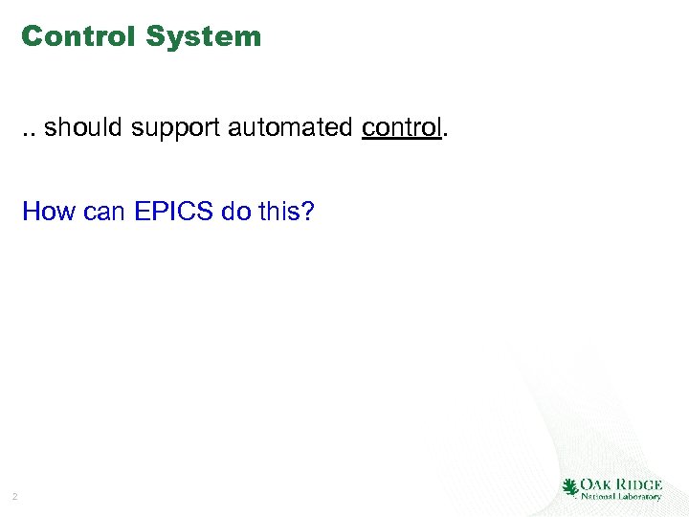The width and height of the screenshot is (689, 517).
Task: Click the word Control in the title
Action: (79, 36)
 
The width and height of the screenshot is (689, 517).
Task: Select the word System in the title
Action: (204, 36)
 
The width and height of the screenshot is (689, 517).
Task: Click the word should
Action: (84, 127)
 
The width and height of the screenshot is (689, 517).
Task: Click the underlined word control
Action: (401, 127)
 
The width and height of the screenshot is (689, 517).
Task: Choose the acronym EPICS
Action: (174, 211)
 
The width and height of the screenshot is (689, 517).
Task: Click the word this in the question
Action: (278, 211)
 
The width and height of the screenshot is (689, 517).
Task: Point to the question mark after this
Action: (307, 211)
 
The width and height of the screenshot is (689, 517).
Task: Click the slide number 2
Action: (14, 496)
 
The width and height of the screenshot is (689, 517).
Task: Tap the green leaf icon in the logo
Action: (570, 487)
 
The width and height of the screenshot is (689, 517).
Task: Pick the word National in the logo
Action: (598, 497)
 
